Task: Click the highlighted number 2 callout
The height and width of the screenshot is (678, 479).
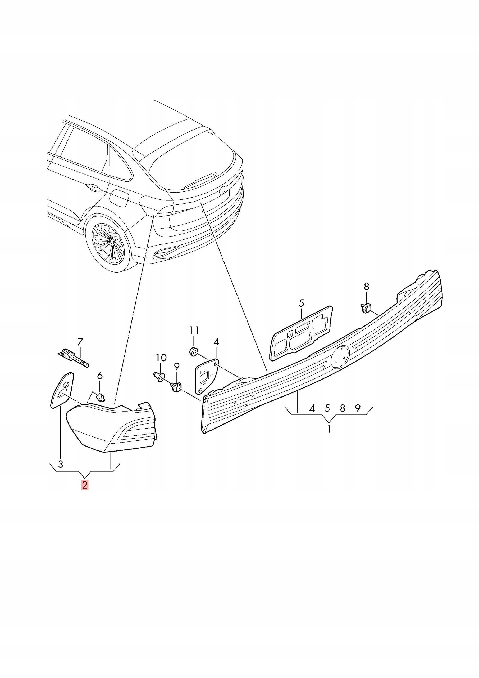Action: (x=85, y=485)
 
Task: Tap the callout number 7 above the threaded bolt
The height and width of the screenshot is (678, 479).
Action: (x=80, y=342)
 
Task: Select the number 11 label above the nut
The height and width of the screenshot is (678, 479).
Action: (x=194, y=330)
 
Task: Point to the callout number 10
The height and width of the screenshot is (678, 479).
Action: (x=161, y=358)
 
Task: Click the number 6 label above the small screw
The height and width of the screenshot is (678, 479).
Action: (x=100, y=376)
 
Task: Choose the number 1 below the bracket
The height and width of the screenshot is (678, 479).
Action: (x=329, y=429)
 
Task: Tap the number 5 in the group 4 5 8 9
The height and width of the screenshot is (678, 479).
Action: (x=327, y=408)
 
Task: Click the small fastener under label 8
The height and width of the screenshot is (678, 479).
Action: (x=366, y=307)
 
